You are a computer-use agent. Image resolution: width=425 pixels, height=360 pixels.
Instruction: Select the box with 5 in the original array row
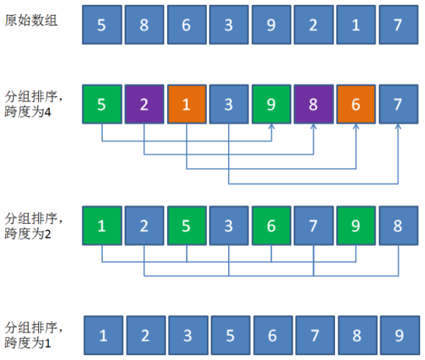(101, 24)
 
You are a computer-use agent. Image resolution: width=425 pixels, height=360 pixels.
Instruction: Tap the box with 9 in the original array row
(270, 24)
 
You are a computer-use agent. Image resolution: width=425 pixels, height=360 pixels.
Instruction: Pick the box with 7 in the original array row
(397, 24)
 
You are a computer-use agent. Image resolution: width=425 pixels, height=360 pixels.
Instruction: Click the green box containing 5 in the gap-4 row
(101, 104)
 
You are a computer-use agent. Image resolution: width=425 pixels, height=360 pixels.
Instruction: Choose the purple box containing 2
(143, 104)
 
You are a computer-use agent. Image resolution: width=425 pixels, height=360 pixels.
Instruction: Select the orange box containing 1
(186, 104)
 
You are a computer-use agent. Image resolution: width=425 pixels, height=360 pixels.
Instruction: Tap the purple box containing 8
(312, 104)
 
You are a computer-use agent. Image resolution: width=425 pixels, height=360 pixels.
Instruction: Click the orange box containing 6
(355, 104)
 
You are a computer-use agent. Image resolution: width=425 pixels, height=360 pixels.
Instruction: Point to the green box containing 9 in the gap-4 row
(270, 104)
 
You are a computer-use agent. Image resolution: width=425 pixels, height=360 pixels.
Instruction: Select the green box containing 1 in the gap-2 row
(101, 226)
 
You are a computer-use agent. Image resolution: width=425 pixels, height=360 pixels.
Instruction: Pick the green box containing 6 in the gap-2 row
(270, 226)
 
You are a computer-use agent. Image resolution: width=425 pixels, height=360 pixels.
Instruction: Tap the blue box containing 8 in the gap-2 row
(397, 226)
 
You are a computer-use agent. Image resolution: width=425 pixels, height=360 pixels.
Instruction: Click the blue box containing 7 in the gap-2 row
(312, 226)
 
